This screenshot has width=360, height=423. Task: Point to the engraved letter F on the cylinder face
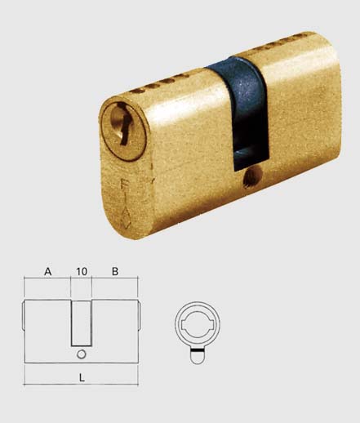123,184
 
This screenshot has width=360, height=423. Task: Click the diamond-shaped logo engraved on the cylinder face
127,220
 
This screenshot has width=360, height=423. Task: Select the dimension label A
48,271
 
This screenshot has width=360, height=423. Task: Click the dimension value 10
82,271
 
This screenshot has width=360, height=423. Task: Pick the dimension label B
115,271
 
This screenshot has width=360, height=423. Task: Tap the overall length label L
82,377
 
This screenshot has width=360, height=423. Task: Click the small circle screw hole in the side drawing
82,354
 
